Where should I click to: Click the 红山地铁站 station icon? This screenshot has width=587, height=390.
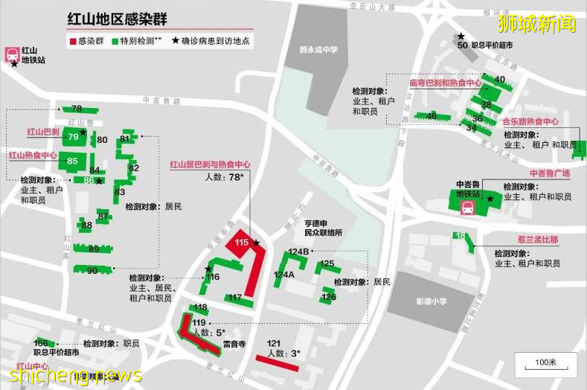(x=13, y=53)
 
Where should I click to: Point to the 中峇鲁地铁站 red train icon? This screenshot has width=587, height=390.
(x=467, y=208)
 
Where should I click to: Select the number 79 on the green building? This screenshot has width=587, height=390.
(x=73, y=137)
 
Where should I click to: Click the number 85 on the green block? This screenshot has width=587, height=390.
(x=72, y=162)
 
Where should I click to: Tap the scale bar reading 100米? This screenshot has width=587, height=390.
(x=545, y=363)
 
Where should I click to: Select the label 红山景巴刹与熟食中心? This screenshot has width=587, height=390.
(x=210, y=164)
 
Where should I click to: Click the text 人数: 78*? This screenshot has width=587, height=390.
(x=225, y=177)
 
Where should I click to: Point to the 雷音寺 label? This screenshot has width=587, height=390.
(x=235, y=344)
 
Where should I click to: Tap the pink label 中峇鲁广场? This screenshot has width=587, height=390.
(x=549, y=173)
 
